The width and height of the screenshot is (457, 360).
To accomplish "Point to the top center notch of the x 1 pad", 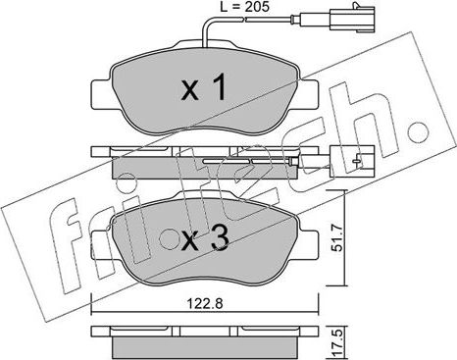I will click(x=207, y=48).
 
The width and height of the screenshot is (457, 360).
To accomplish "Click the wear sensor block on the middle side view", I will click(x=349, y=154).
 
